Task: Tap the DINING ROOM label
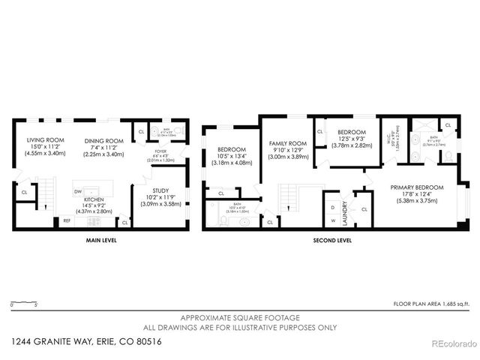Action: tap(103, 141)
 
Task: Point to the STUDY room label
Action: tap(160, 191)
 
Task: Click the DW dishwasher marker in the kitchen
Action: tap(78, 191)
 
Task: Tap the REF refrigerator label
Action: tap(67, 220)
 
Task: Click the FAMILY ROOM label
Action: tap(289, 143)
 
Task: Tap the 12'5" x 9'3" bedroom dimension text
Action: tap(351, 138)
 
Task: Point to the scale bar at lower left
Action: tap(24, 302)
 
